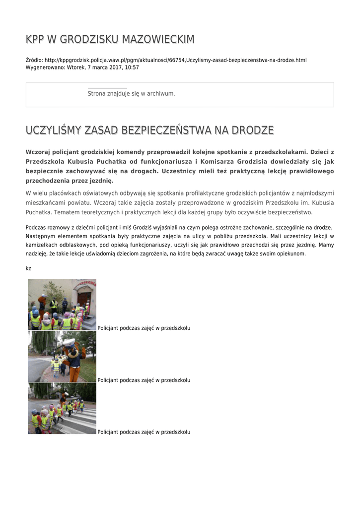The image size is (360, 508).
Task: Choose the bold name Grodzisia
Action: (248, 162)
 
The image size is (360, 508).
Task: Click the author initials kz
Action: (28, 268)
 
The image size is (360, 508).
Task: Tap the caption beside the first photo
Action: (144, 328)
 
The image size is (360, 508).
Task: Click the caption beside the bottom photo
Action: (144, 432)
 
